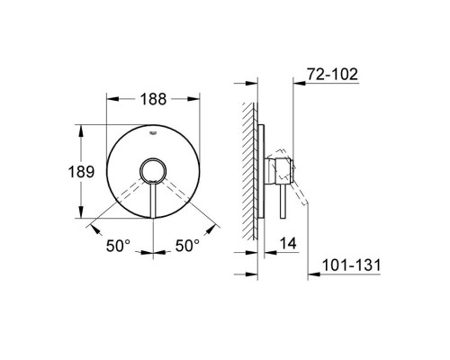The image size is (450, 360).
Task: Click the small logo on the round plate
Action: [x=153, y=132]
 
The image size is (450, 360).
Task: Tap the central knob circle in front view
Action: [x=153, y=173]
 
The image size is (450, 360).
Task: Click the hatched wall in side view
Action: [x=250, y=171]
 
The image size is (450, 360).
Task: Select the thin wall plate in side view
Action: [x=262, y=171]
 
